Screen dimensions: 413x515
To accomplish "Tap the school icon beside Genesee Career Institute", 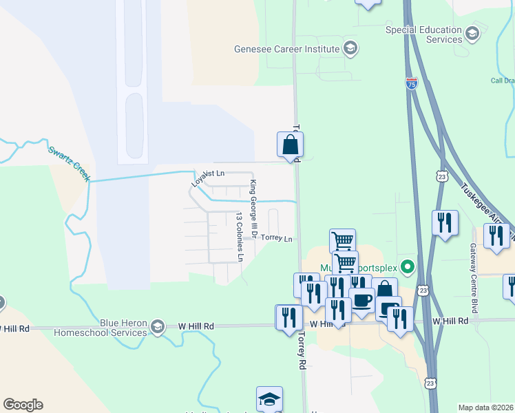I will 350,48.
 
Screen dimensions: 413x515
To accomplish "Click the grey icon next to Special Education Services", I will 472,33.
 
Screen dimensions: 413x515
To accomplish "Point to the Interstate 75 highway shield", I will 411,83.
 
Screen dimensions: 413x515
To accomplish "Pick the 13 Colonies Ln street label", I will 240,237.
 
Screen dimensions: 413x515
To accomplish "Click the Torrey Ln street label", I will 277,239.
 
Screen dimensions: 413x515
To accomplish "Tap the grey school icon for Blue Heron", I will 158,326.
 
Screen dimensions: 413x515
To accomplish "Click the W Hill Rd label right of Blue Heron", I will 196,326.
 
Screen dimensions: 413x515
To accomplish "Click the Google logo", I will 23,405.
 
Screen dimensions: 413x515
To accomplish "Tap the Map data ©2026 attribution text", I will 486,407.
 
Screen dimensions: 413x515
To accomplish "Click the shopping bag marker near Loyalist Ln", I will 290,145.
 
